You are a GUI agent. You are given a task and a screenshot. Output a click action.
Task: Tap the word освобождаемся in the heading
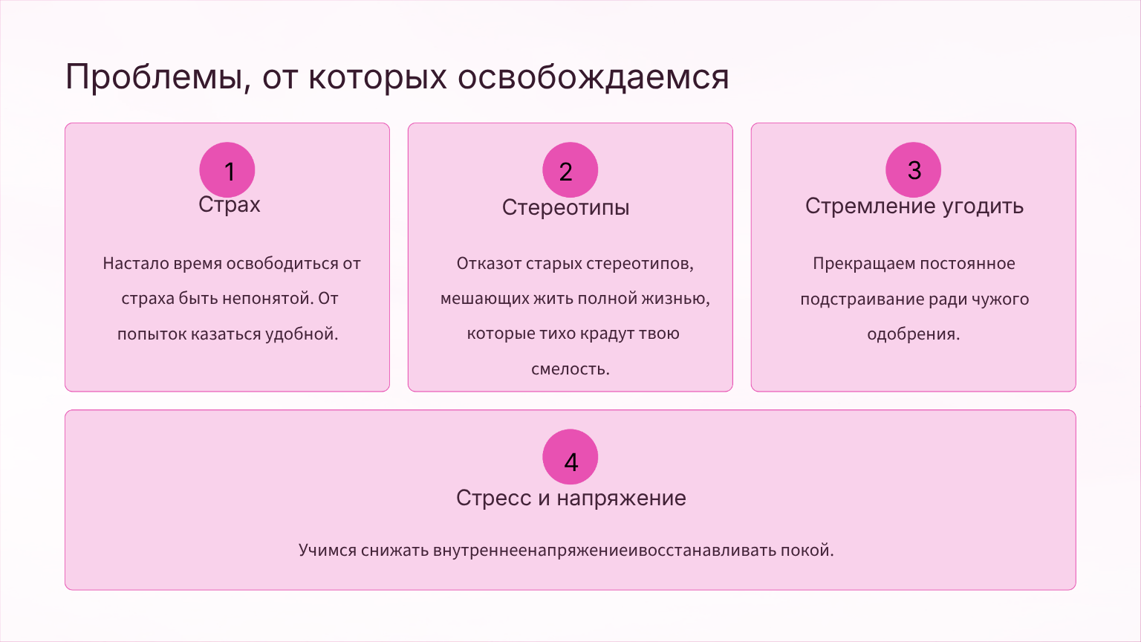coord(594,77)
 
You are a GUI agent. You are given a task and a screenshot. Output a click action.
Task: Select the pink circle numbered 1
coord(227,169)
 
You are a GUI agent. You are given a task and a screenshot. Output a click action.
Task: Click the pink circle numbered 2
coord(570,169)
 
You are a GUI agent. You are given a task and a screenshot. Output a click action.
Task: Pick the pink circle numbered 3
coord(913,169)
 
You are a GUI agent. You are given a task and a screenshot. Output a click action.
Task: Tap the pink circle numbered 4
coord(570,456)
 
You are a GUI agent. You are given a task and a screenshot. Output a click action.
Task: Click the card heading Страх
coord(230,205)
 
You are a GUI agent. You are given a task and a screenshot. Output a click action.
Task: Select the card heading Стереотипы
coord(565,208)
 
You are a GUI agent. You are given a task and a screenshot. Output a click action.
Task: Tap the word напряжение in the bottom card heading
coord(621,499)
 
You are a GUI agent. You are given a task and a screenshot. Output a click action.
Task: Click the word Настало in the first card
coord(135,264)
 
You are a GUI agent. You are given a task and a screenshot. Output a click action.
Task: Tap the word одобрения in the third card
coord(913,334)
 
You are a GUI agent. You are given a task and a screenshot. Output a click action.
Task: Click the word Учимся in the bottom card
coord(327,551)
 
